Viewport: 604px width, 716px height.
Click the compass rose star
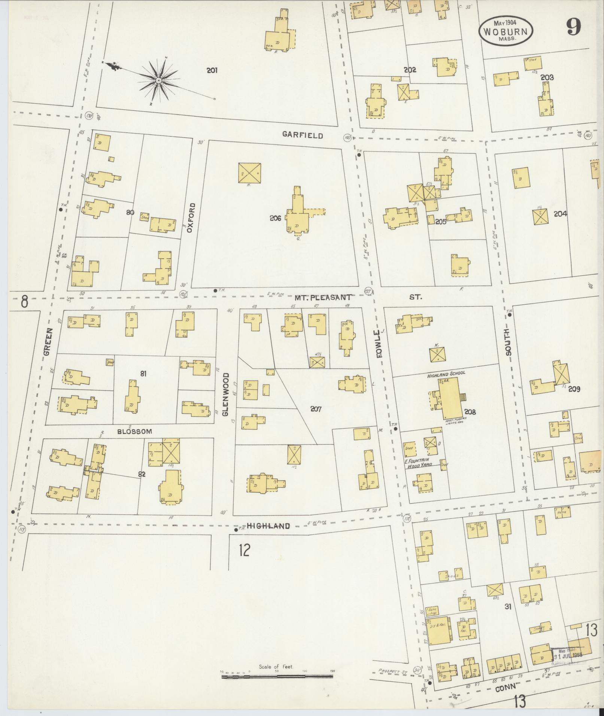159,80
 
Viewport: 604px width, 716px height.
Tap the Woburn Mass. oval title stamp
505,31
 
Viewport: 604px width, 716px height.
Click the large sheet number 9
573,27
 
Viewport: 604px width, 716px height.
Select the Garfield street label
303,135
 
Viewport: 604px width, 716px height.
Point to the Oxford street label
191,217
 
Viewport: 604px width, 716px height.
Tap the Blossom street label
134,431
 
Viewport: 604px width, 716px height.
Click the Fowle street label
380,344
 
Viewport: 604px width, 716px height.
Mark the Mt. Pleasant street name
323,298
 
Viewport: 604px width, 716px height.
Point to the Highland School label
445,373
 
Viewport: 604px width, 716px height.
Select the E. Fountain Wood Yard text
418,462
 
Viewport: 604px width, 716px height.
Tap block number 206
275,218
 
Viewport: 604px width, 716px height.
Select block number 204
560,214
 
